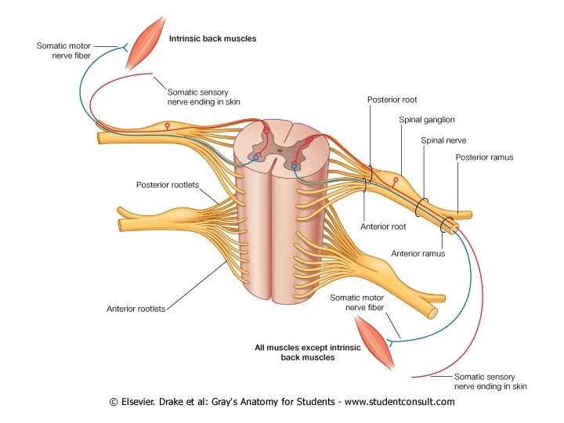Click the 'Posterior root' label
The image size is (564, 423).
click(x=391, y=100)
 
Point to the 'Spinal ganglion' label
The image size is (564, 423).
click(x=427, y=120)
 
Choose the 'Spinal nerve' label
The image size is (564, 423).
click(x=444, y=140)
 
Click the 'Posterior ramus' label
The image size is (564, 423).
click(x=484, y=157)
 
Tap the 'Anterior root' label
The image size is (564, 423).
click(x=383, y=227)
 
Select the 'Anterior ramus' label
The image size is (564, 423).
click(x=418, y=253)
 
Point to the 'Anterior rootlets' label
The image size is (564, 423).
click(x=136, y=309)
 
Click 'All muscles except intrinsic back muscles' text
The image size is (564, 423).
click(x=296, y=352)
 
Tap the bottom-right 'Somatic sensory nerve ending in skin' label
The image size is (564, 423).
click(x=490, y=381)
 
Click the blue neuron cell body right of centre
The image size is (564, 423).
click(x=295, y=166)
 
